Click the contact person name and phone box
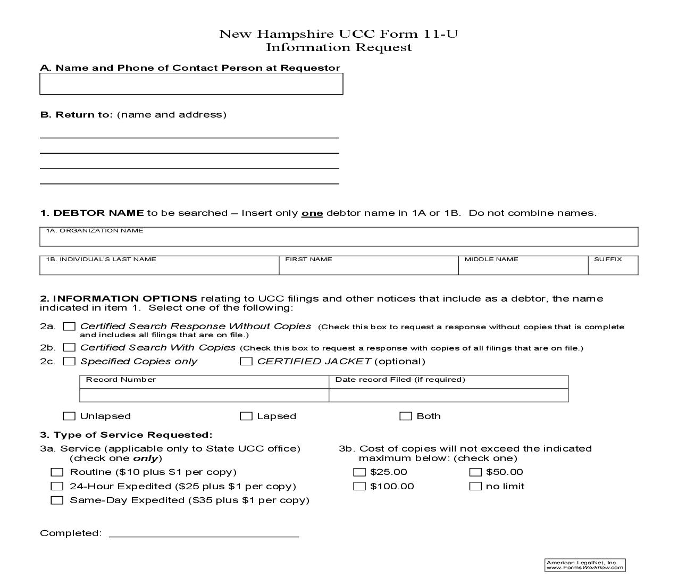pyautogui.click(x=191, y=84)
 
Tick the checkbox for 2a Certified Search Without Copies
pyautogui.click(x=69, y=327)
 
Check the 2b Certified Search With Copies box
pyautogui.click(x=69, y=348)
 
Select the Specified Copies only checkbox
pyautogui.click(x=69, y=362)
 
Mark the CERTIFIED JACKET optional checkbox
pyautogui.click(x=246, y=362)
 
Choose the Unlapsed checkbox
pyautogui.click(x=69, y=416)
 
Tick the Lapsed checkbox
pyautogui.click(x=246, y=416)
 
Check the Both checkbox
pyautogui.click(x=406, y=416)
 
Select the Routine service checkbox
pyautogui.click(x=57, y=472)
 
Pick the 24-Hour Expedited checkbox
pyautogui.click(x=57, y=487)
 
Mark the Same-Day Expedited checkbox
pyautogui.click(x=57, y=500)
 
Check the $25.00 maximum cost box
pyautogui.click(x=359, y=472)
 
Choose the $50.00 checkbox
pyautogui.click(x=475, y=472)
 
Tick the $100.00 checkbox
pyautogui.click(x=359, y=487)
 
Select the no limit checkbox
pyautogui.click(x=475, y=487)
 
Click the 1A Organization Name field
pyautogui.click(x=339, y=239)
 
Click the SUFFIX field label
pyautogui.click(x=608, y=260)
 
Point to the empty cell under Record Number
pyautogui.click(x=204, y=395)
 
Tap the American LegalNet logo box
pyautogui.click(x=585, y=565)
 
